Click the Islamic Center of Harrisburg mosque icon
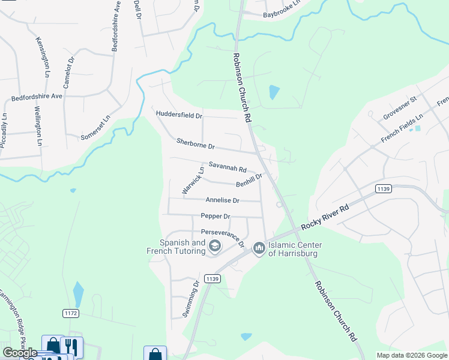[x=259, y=247]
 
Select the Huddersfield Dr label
[x=179, y=115]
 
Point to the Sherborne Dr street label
[x=196, y=144]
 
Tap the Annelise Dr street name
[x=222, y=200]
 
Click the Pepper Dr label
[x=215, y=216]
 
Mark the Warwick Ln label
[x=193, y=180]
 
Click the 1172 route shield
[x=71, y=313]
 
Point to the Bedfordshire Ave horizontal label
[x=37, y=96]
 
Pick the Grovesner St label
[x=400, y=107]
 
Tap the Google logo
[x=20, y=353]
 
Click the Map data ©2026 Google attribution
[x=411, y=355]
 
